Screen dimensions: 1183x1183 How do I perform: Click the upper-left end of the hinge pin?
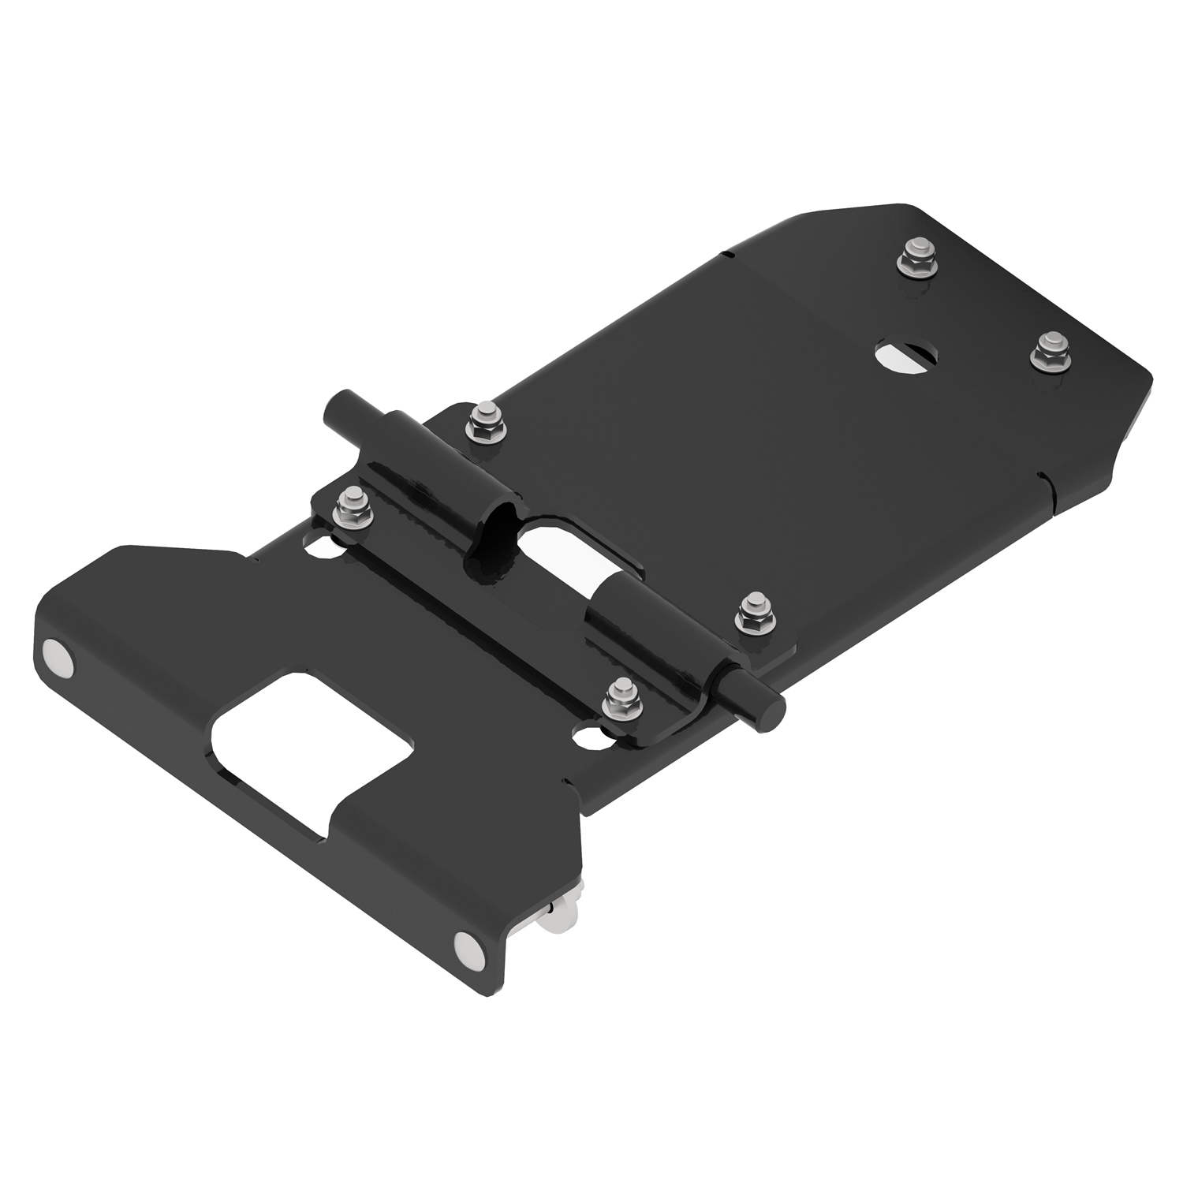tap(335, 410)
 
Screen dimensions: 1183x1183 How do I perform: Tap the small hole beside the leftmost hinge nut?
tap(319, 543)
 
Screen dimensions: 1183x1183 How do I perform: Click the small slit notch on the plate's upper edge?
tap(726, 254)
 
